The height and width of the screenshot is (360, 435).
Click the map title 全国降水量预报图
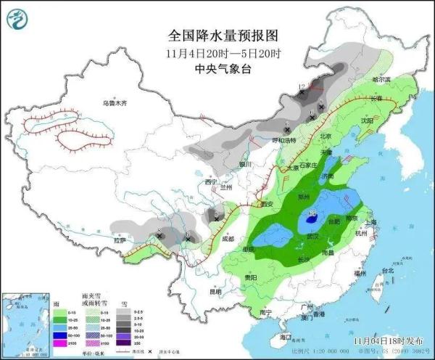(223, 36)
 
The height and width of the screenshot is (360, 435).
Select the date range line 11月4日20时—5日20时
(223, 53)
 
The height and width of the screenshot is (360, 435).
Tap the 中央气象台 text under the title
(223, 69)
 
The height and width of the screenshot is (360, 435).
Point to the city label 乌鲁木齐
(115, 104)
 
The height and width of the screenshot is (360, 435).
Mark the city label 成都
(228, 237)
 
